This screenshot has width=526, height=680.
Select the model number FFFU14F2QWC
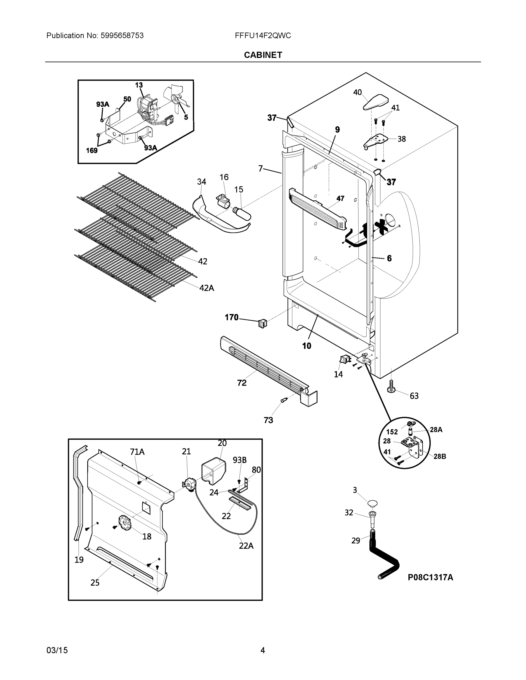click(x=263, y=35)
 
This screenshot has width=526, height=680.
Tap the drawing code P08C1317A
click(x=430, y=577)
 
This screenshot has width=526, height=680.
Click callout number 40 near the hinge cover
click(x=357, y=92)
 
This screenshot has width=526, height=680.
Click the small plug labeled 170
click(x=262, y=324)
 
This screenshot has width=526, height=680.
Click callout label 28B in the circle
click(x=439, y=456)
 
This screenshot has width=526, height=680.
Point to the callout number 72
click(x=242, y=383)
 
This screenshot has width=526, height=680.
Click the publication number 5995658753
click(x=122, y=35)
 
